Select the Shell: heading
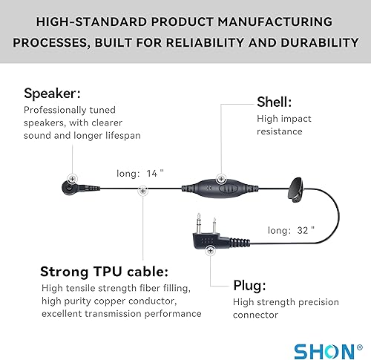pyautogui.click(x=275, y=102)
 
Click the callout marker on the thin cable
pyautogui.click(x=142, y=190)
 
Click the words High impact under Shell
pyautogui.click(x=283, y=118)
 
